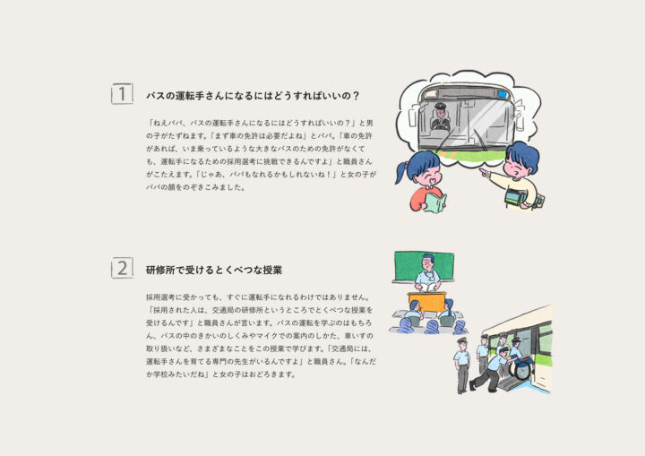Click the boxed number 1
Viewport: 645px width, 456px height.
pos(122,94)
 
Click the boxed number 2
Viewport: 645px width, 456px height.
pos(122,268)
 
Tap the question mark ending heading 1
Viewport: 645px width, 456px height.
pos(356,96)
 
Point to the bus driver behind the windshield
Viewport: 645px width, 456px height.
pos(439,116)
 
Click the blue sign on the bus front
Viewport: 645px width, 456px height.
pos(502,95)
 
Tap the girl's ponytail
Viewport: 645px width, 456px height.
pos(401,172)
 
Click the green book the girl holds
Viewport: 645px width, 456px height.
pos(435,202)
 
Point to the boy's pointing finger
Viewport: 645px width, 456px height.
pos(484,171)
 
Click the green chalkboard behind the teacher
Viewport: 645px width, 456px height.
pos(424,266)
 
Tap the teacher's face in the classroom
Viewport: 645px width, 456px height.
pos(428,263)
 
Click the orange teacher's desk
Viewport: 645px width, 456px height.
pos(426,301)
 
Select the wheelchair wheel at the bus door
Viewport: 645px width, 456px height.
pos(520,370)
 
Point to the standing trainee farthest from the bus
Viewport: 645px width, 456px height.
pos(462,366)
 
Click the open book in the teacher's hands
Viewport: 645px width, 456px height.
pos(427,288)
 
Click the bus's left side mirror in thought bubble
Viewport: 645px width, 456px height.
pos(413,116)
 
